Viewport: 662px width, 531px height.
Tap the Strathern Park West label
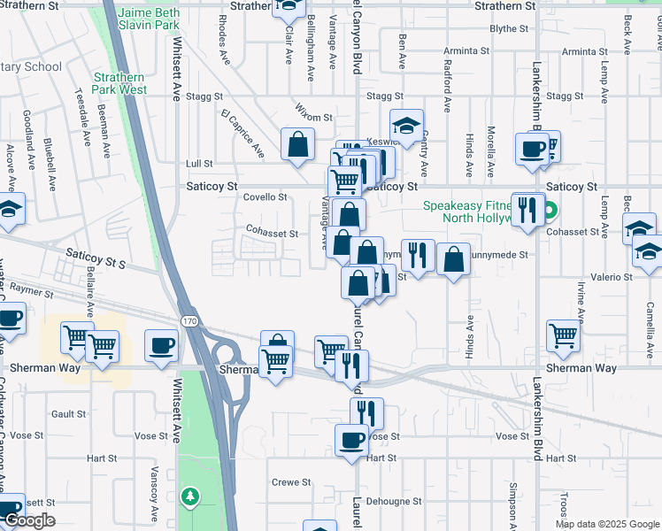[x=119, y=83]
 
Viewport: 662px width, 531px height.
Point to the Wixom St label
[x=313, y=117]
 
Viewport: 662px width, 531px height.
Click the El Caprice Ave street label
[x=243, y=134]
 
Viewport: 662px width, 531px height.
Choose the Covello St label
[x=266, y=197]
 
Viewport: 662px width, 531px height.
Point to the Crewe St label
[x=291, y=482]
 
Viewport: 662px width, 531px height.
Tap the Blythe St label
[x=508, y=28]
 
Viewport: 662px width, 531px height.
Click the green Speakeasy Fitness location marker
[x=550, y=212]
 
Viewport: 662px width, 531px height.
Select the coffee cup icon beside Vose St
[x=351, y=440]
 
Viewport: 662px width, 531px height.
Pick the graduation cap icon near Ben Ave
[x=406, y=125]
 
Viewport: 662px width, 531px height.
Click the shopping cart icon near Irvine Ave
[x=564, y=335]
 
